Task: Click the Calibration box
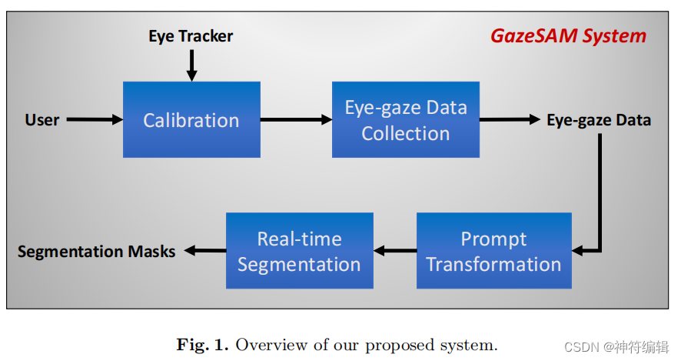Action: pos(191,120)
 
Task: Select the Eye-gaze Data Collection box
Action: pos(405,120)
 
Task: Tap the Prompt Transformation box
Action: pos(493,251)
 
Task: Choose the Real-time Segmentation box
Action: pos(299,251)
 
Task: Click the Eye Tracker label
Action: pos(191,36)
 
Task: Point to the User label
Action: pos(42,120)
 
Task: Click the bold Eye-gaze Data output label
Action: pos(599,120)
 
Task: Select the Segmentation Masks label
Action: pos(96,252)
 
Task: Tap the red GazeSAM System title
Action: pos(569,36)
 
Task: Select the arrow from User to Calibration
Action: pos(94,120)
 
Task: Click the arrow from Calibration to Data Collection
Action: pos(296,120)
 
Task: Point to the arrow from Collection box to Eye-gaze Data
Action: pos(510,120)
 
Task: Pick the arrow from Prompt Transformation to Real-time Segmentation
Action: pos(394,251)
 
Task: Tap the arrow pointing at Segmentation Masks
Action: pos(204,251)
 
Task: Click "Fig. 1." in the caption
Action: pos(202,344)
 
